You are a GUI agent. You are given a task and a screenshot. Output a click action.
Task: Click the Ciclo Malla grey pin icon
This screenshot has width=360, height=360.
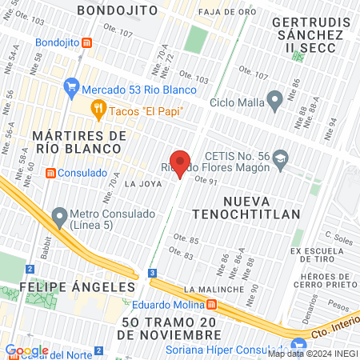pyautogui.click(x=275, y=101)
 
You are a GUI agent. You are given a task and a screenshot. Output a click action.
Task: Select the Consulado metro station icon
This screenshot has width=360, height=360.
pyautogui.click(x=51, y=173)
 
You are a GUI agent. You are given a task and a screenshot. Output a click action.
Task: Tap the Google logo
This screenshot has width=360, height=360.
pyautogui.click(x=26, y=350)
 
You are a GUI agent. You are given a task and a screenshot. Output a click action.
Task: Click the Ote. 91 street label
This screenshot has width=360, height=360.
pyautogui.click(x=207, y=182)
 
